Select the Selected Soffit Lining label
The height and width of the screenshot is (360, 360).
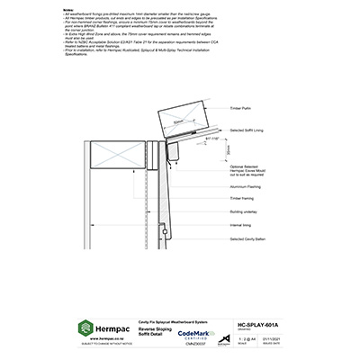click(x=249, y=130)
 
